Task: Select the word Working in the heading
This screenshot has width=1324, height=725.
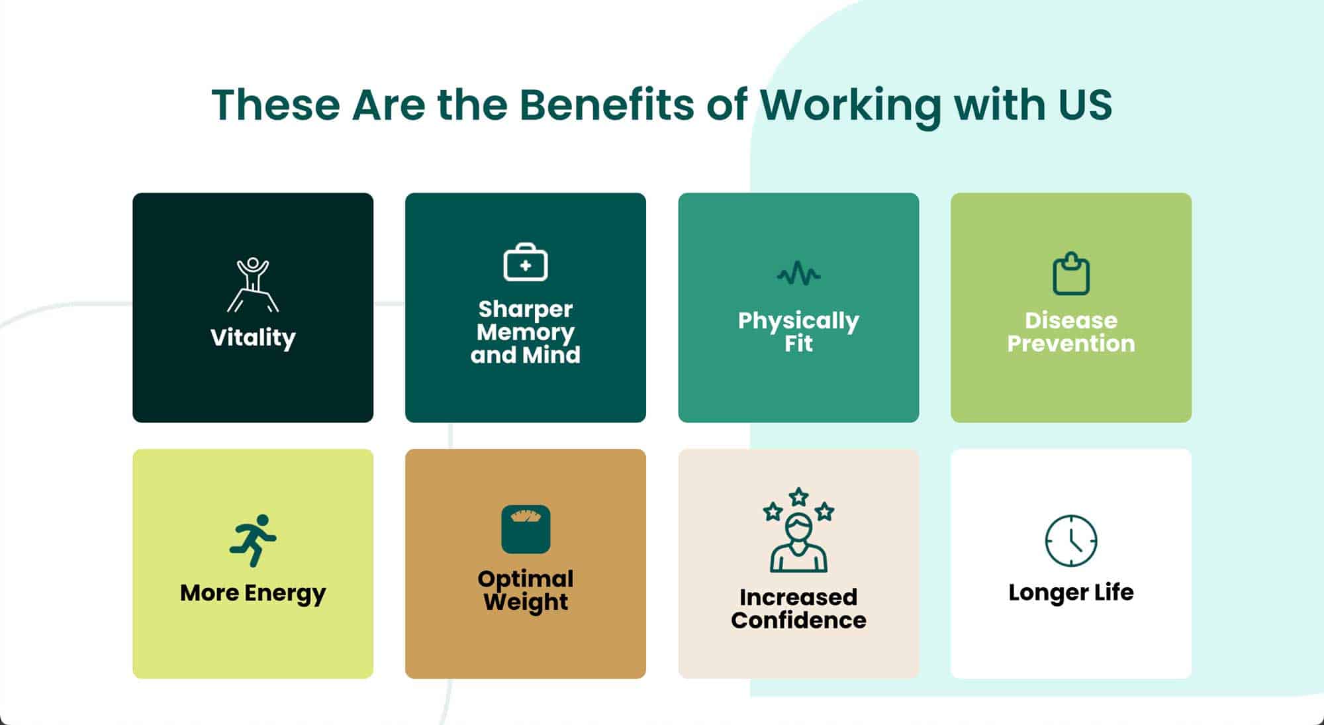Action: (851, 106)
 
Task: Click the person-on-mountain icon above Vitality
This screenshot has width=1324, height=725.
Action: (253, 285)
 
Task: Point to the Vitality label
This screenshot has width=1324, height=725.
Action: (253, 338)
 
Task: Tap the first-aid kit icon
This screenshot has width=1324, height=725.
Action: (526, 262)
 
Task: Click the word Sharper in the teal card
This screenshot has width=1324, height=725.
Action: (526, 309)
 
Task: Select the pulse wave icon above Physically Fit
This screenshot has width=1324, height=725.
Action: (798, 273)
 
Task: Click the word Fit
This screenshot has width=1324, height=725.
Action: (798, 344)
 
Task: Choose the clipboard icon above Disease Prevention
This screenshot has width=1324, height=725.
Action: (1071, 273)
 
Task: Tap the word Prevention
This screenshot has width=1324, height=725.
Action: (1071, 344)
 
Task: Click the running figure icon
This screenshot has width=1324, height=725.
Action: (253, 540)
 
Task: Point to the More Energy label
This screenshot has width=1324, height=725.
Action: (253, 593)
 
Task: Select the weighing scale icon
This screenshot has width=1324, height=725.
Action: (526, 529)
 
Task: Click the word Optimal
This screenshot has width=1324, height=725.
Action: (526, 579)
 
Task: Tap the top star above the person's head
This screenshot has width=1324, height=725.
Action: (799, 496)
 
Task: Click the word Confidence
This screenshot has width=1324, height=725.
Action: (798, 620)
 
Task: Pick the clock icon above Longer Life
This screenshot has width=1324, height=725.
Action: (1071, 540)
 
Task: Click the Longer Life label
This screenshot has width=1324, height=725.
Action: (1071, 593)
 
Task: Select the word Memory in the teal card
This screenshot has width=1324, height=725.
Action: (526, 332)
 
